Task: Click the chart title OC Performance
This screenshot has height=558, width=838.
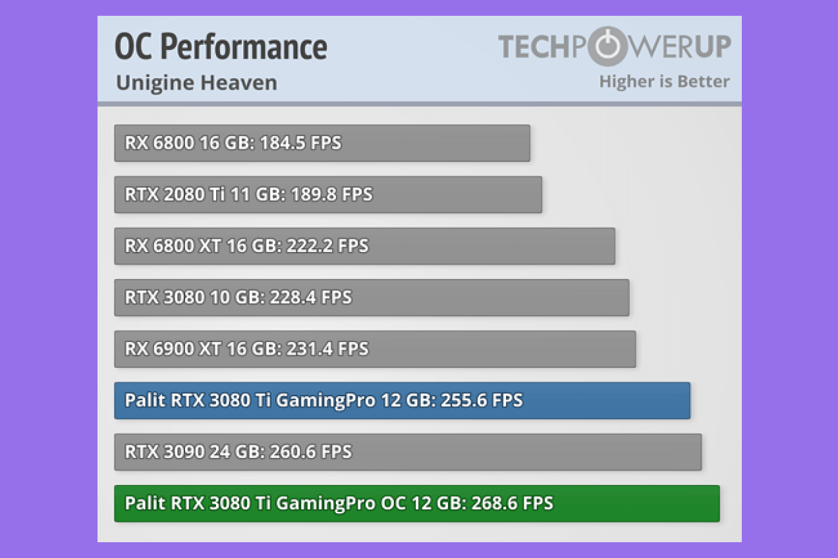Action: [x=221, y=47]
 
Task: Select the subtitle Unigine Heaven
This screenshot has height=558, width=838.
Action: [x=196, y=83]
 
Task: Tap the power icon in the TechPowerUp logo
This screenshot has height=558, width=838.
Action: [x=599, y=46]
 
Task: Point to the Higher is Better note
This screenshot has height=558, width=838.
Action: [x=664, y=82]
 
